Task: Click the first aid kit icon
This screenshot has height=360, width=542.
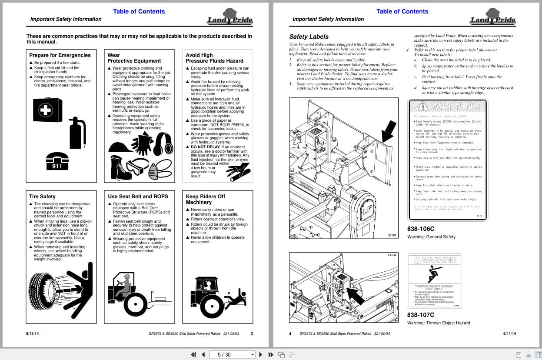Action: click(x=47, y=110)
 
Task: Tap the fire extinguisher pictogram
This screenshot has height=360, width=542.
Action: click(x=78, y=133)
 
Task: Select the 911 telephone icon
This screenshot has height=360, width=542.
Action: click(x=57, y=161)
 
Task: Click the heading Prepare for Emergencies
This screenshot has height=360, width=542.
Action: click(x=60, y=55)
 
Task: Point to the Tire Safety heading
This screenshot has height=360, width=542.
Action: click(x=42, y=197)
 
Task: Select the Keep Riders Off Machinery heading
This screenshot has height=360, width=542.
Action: click(x=205, y=199)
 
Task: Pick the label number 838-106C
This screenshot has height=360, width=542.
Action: click(x=420, y=229)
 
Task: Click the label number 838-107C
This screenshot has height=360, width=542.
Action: click(x=420, y=315)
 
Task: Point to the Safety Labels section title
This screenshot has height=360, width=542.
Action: click(x=309, y=37)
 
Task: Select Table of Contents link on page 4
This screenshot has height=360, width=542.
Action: click(x=402, y=11)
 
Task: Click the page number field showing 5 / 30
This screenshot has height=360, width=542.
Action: click(x=231, y=354)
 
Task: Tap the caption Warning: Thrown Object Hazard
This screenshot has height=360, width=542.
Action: click(x=438, y=323)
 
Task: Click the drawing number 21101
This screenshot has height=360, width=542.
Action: click(x=392, y=235)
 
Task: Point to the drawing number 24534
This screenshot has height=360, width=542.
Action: click(x=392, y=255)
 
